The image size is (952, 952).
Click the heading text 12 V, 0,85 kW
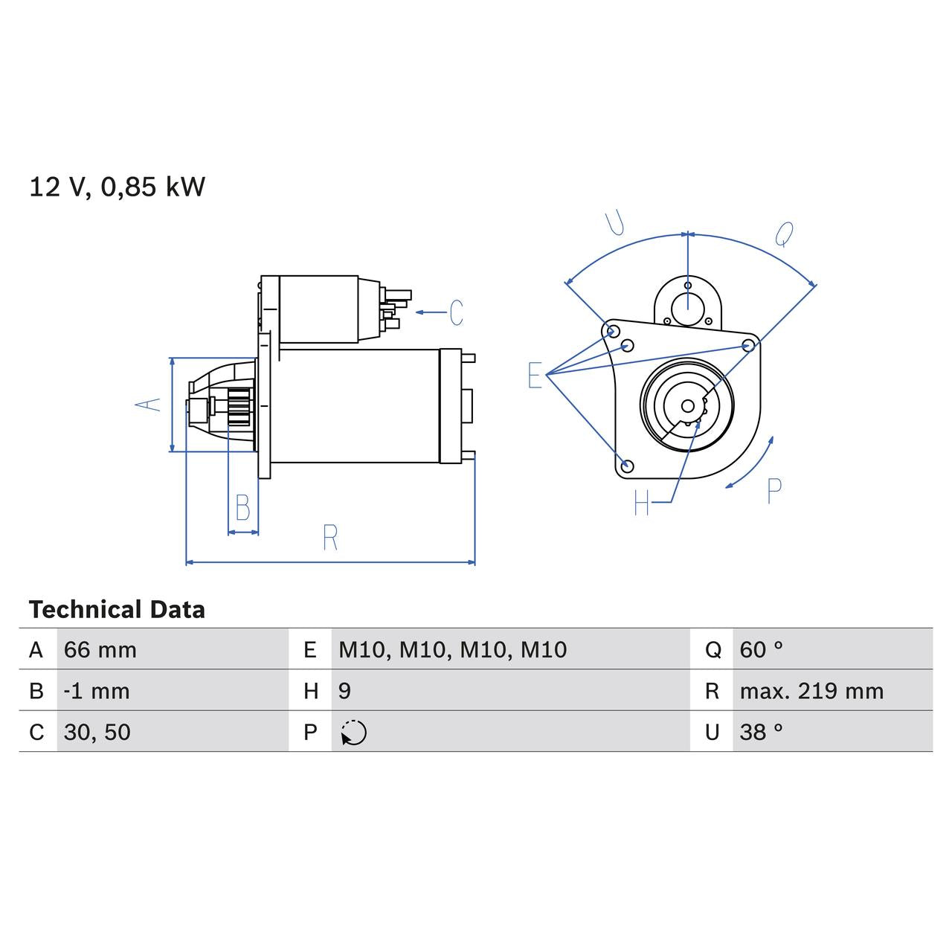tap(117, 187)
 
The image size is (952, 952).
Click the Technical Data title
tap(117, 610)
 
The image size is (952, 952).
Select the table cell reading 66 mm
tap(100, 650)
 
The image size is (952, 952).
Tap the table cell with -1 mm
tap(97, 691)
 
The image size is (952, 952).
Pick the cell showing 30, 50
tap(97, 732)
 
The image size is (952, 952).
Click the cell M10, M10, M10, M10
tap(452, 650)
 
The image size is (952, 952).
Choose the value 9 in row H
tap(344, 691)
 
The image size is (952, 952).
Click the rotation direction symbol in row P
tap(354, 733)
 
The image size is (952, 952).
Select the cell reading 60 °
tap(761, 650)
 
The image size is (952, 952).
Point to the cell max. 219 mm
tap(811, 691)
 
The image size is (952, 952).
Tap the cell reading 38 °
tap(761, 732)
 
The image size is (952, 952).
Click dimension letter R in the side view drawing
tap(330, 537)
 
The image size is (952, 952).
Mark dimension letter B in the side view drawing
tap(242, 508)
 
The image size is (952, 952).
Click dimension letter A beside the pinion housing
tap(148, 404)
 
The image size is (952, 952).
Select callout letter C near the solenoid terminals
tap(456, 312)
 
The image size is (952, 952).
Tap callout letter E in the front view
tap(535, 376)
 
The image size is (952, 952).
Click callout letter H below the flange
tap(642, 504)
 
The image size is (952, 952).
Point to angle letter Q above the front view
tap(784, 234)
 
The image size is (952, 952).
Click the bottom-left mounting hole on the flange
tap(627, 466)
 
